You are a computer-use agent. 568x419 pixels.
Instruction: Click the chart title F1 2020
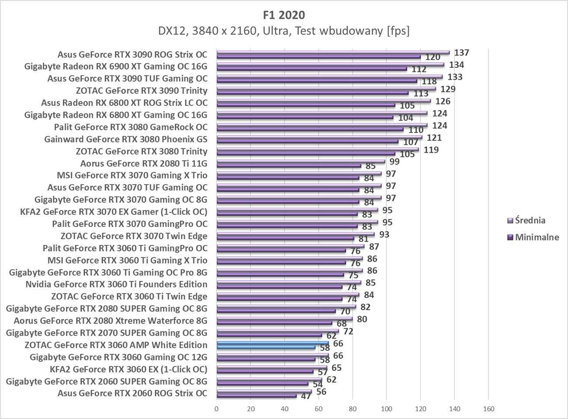284,15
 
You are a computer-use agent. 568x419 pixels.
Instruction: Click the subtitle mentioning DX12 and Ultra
284,31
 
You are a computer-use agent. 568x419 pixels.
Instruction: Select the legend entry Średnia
530,220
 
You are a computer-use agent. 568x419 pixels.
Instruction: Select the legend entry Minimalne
537,237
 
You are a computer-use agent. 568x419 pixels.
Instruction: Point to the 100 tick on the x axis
386,409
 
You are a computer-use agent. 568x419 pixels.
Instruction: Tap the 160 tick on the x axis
488,409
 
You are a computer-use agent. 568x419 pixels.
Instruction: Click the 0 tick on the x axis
217,409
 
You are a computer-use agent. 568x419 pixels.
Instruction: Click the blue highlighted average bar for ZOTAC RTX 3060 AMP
273,343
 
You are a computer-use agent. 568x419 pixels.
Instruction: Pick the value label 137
461,53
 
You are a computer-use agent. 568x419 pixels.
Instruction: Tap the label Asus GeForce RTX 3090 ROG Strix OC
132,55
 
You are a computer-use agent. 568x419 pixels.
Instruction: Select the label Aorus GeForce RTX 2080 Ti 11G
144,164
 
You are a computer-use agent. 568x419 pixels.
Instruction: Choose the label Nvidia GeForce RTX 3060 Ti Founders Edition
116,284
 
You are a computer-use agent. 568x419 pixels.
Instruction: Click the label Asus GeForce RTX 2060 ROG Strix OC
132,393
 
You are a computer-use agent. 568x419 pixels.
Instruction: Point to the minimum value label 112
419,70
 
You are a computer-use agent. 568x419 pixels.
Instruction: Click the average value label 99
395,162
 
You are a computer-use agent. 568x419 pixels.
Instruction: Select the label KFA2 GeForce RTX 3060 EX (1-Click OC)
128,369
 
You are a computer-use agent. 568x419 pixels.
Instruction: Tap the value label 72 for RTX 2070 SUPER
348,332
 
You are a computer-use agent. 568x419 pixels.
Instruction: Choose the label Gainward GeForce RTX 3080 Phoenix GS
126,140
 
